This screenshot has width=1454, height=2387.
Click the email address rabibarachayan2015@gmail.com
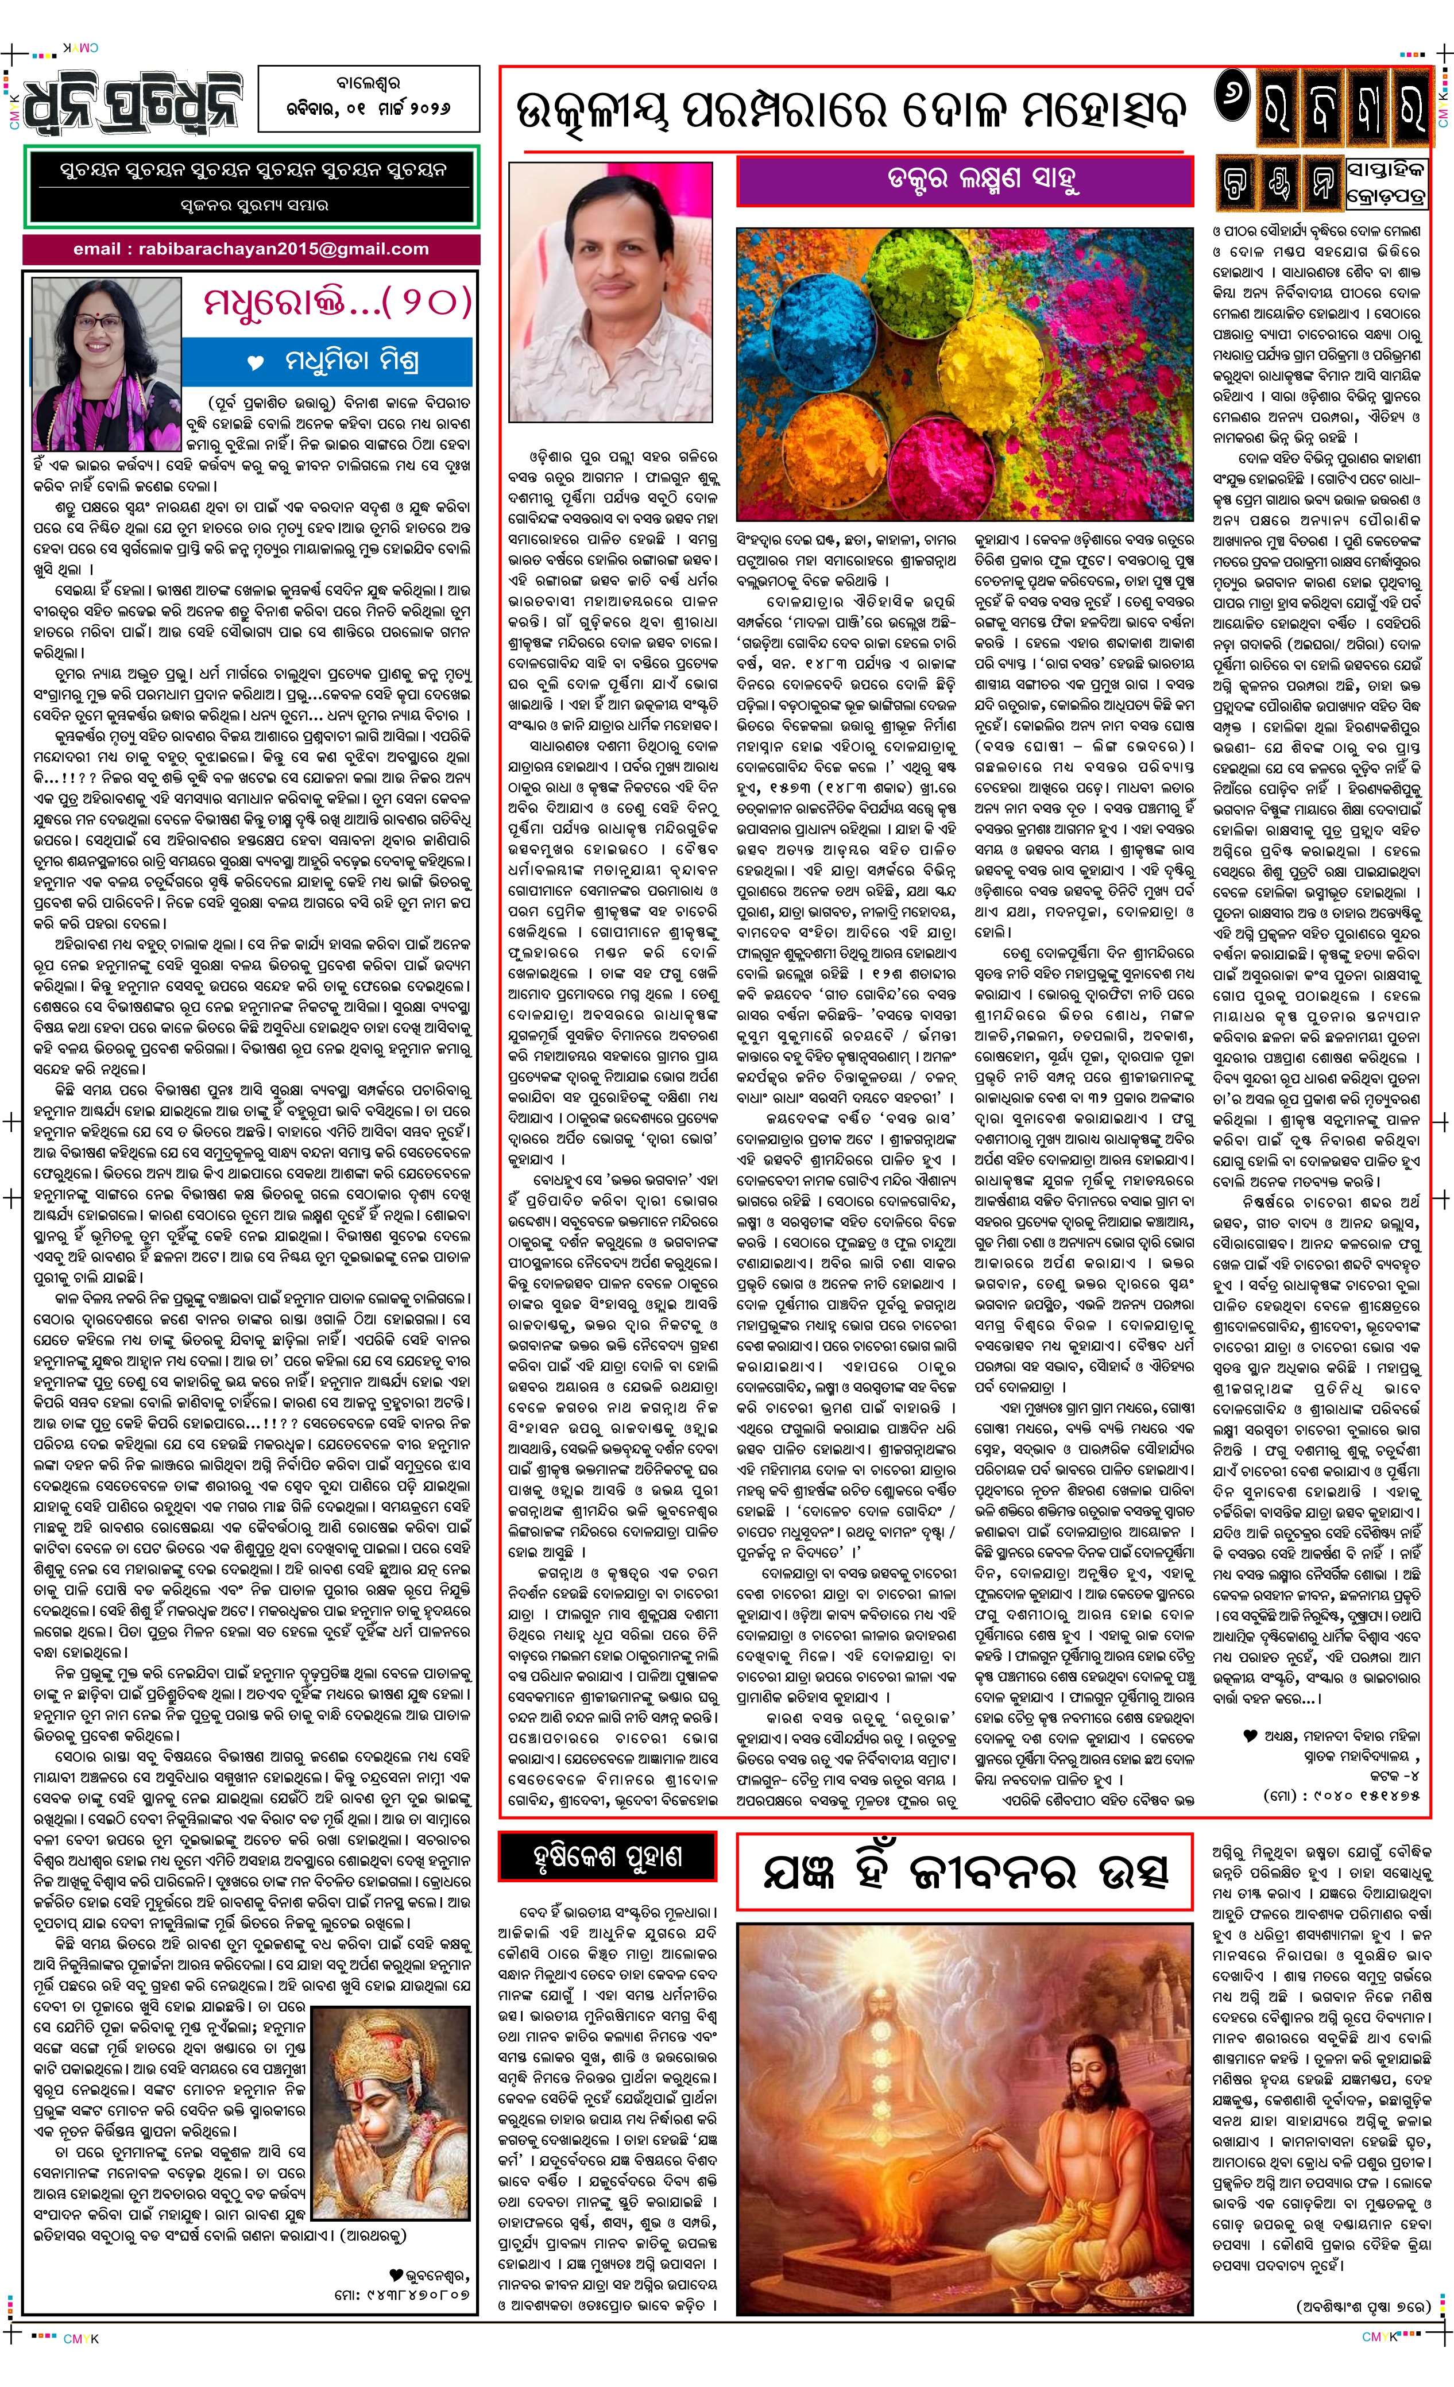point(251,249)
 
